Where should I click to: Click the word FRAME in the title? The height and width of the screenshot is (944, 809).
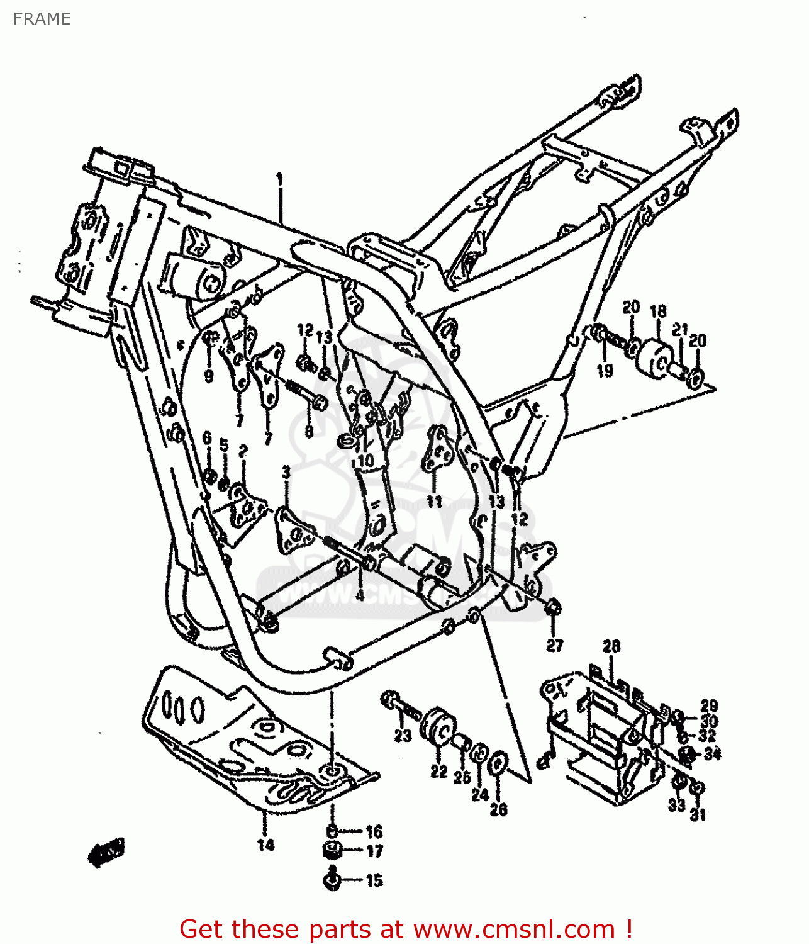pos(42,19)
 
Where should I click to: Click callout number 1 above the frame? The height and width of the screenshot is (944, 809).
pos(279,180)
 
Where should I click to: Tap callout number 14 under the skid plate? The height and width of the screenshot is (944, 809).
pos(265,845)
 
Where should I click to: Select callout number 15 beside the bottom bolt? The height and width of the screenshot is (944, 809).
pos(374,880)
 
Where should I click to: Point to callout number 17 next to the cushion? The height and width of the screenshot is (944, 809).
pos(374,851)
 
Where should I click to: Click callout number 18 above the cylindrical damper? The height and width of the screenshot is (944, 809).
pos(658,311)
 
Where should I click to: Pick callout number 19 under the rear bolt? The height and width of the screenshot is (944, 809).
pos(605,371)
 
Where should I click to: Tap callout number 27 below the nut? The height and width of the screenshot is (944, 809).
pos(554,645)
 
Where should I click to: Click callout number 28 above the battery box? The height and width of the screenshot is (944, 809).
pos(611,646)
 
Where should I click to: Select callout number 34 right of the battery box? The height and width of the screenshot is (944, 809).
pos(712,753)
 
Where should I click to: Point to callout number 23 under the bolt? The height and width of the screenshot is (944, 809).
pos(403,735)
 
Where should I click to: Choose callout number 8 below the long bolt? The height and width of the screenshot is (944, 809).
pos(309,432)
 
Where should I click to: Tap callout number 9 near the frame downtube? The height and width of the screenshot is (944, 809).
pos(209,376)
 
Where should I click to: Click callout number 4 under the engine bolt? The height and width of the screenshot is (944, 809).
pos(360,594)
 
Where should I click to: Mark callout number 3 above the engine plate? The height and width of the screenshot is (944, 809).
pos(286,472)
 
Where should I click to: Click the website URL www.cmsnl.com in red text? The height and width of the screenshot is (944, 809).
pos(514,929)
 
